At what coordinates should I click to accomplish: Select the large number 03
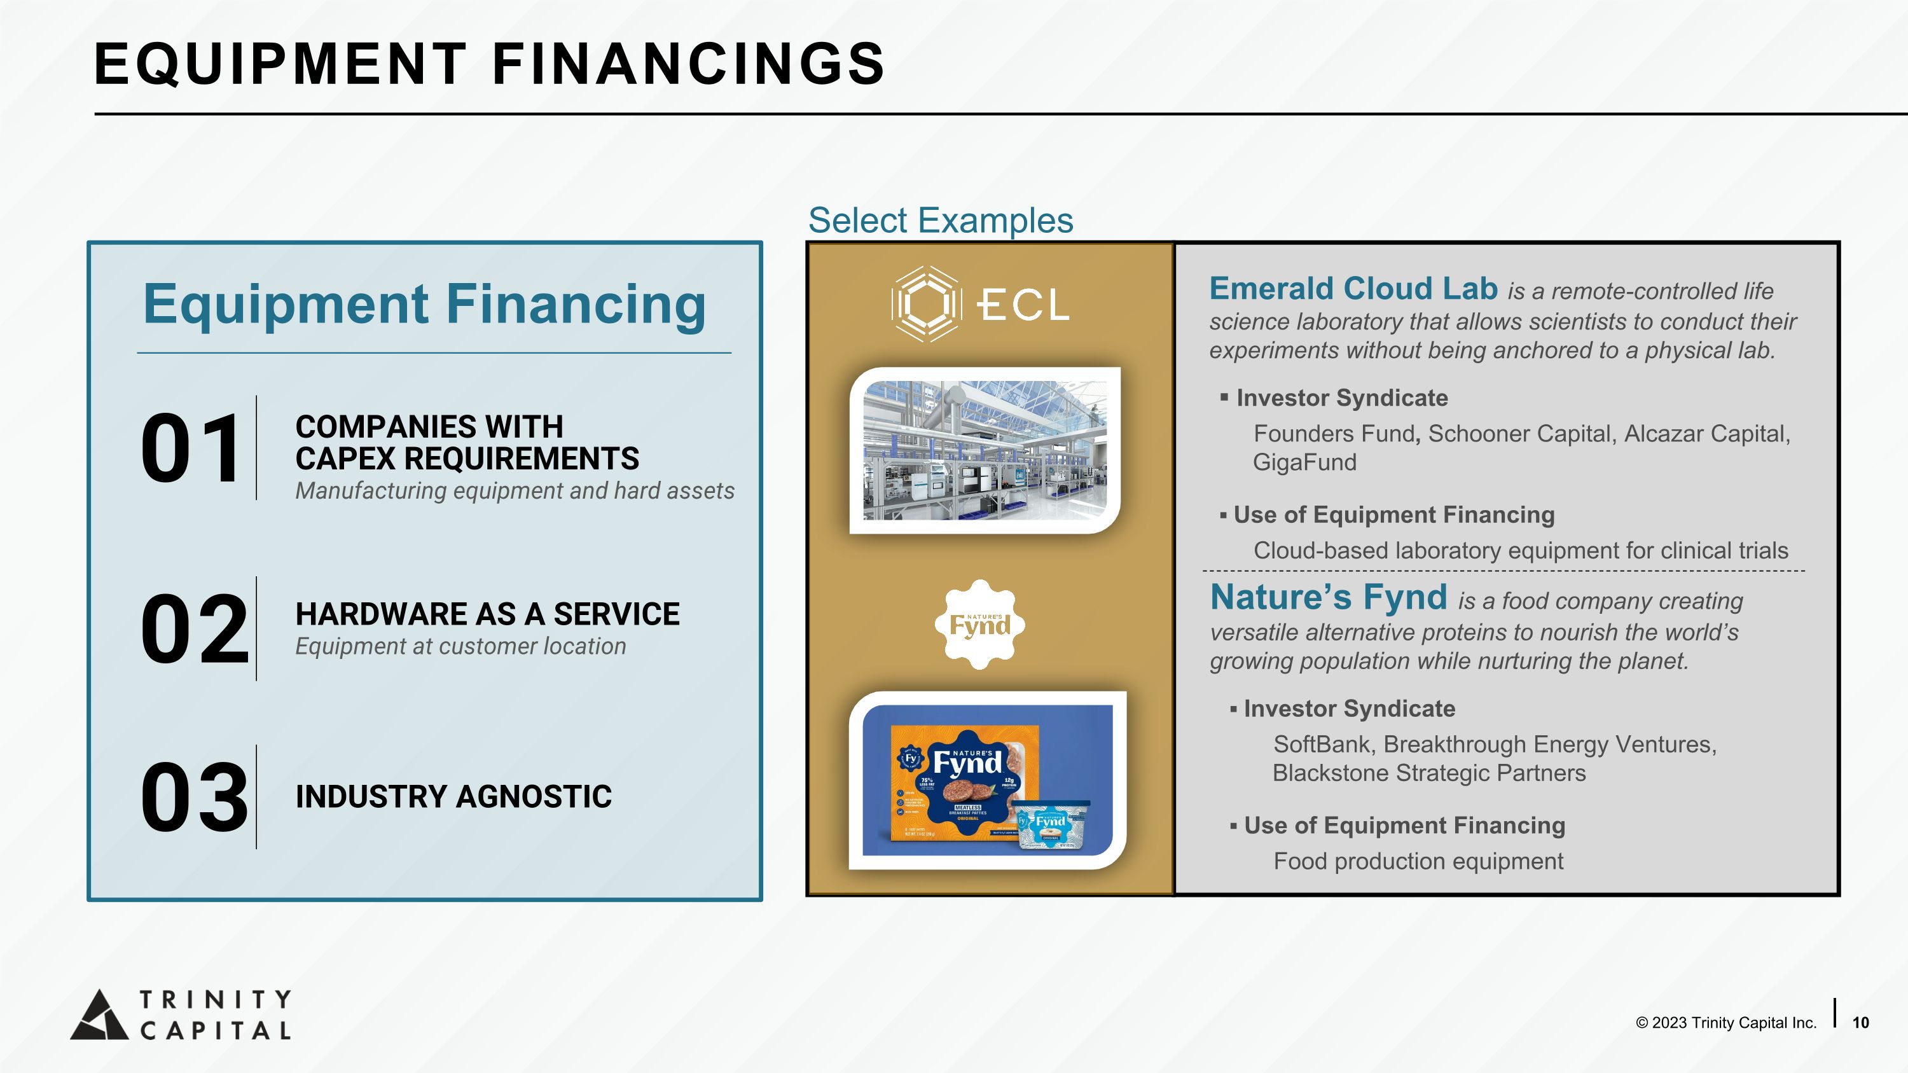[x=194, y=798]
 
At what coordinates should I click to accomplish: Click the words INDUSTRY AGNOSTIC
[x=453, y=797]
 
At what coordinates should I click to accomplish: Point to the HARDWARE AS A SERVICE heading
[x=487, y=614]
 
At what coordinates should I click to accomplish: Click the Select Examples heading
[x=940, y=221]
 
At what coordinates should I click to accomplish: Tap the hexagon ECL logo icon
[x=926, y=303]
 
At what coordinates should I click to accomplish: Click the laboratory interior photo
[x=985, y=450]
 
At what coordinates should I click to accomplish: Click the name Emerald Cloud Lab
[x=1353, y=289]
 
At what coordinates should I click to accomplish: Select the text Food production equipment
[x=1418, y=861]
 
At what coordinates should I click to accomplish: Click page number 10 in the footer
[x=1860, y=1023]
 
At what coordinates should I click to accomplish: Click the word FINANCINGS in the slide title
[x=688, y=64]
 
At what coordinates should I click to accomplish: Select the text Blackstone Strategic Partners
[x=1429, y=773]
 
